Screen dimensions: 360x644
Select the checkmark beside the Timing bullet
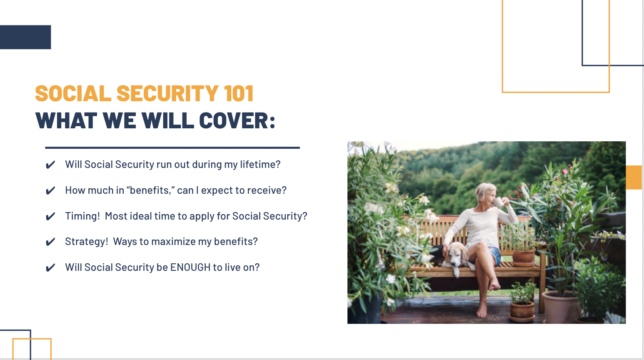coord(50,217)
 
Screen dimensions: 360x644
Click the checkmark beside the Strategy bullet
coord(50,242)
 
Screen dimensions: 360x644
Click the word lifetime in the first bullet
coord(260,165)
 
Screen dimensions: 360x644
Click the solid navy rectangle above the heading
coord(25,37)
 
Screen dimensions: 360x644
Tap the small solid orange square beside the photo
coord(634,177)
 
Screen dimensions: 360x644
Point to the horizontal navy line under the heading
coord(172,147)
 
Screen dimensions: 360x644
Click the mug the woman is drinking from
coord(499,202)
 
